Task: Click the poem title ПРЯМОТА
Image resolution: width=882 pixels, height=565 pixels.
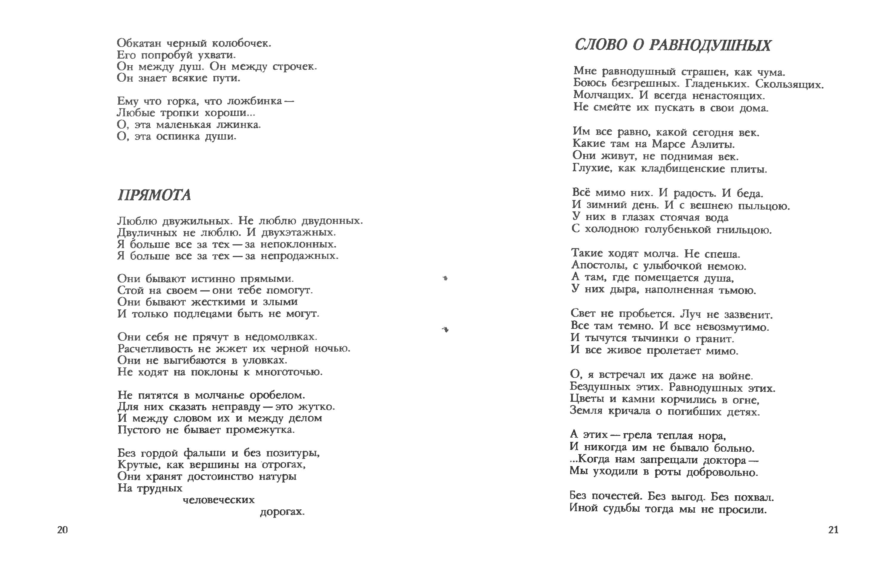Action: point(154,195)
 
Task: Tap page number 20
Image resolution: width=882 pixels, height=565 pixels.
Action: point(62,530)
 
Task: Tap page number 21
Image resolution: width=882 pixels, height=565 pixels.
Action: point(833,530)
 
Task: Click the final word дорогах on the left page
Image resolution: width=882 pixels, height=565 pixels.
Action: point(282,512)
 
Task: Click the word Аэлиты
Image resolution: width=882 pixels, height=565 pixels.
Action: point(713,144)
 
